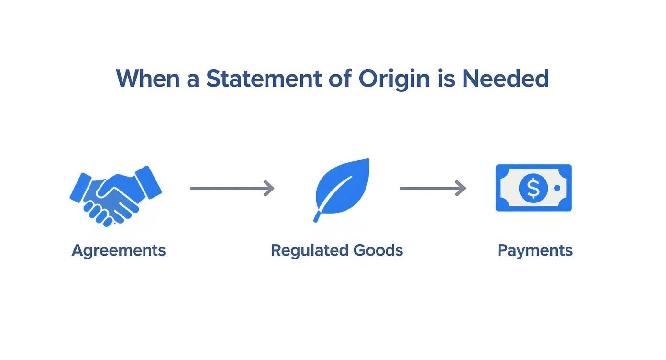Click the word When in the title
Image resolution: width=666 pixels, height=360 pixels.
[x=147, y=79]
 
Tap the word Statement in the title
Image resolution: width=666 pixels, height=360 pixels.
[x=264, y=79]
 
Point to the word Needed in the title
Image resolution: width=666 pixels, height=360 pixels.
[x=505, y=79]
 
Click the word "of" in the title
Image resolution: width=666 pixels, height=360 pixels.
[x=339, y=79]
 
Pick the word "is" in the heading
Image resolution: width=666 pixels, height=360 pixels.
[x=445, y=79]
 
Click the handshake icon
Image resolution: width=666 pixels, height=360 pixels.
[x=115, y=195]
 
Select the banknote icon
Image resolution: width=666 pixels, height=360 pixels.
[x=533, y=188]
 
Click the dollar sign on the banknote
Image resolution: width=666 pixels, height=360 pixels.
[x=533, y=188]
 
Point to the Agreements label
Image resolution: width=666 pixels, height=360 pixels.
[x=119, y=250]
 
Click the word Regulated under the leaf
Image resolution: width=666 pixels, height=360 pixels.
[x=309, y=250]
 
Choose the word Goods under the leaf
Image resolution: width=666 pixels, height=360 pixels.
[x=378, y=250]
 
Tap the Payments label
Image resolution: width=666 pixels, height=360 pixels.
[x=535, y=250]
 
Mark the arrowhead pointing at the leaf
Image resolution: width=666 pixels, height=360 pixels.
[x=269, y=188]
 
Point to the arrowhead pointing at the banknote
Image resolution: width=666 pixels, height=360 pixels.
[x=461, y=188]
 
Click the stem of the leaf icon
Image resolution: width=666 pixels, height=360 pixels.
[x=317, y=217]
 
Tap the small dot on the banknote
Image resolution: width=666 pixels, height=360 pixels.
[x=557, y=188]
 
